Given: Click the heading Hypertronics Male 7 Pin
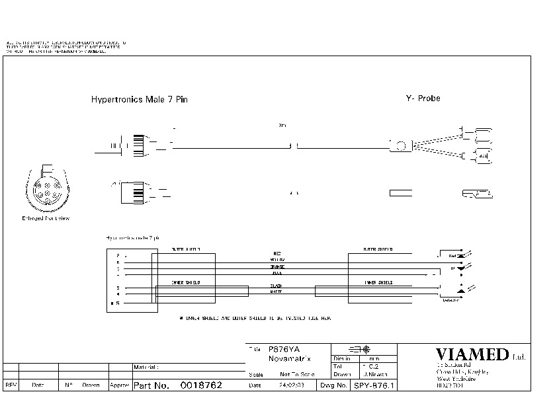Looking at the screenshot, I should point(139,100).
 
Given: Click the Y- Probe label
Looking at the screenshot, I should point(423,99).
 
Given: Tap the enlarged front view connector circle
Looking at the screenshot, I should point(46,189).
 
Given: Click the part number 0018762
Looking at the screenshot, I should point(201,385).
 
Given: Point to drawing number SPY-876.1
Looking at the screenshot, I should point(374,385).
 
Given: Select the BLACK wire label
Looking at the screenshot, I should point(277,286).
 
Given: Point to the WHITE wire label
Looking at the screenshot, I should point(277,292).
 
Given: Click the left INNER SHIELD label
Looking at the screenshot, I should point(186,282).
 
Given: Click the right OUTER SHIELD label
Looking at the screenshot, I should point(378,250).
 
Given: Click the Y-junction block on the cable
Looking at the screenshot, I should point(400,145).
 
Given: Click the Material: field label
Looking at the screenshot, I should point(146,366).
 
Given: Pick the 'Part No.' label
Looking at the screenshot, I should point(152,385).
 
